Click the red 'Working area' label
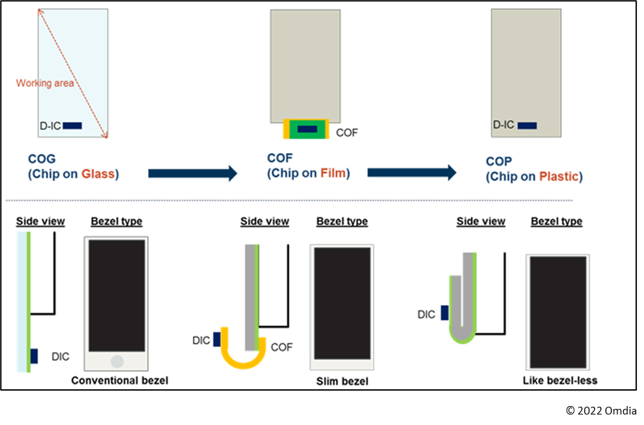point(45,83)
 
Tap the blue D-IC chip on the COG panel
point(72,126)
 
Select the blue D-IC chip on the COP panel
point(527,126)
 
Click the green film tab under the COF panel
point(307,129)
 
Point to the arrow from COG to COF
point(193,173)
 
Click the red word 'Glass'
point(99,174)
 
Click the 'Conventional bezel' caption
point(120,380)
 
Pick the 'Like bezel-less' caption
point(560,381)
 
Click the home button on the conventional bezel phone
point(117,361)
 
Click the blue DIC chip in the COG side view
point(34,356)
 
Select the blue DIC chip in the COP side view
point(445,314)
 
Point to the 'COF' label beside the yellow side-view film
point(281,346)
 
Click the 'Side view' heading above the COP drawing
point(481,221)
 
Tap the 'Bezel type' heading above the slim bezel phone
point(342,221)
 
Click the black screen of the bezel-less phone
point(558,311)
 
